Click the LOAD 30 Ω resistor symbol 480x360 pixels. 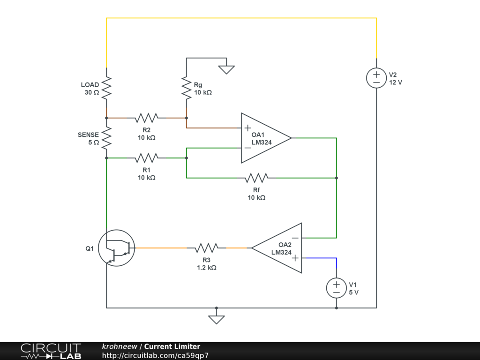(x=106, y=88)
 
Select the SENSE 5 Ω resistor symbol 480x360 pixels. (x=106, y=138)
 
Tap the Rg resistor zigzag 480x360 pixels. (x=187, y=88)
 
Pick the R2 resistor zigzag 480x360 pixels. (x=147, y=118)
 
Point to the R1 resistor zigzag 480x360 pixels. (x=147, y=158)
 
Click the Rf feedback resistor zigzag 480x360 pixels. (x=256, y=178)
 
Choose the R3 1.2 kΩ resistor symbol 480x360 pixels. (x=207, y=248)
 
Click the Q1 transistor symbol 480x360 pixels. (x=117, y=248)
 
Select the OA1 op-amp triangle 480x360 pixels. (x=266, y=138)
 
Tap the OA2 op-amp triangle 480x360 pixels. (x=277, y=248)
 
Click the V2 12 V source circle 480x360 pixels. (x=376, y=78)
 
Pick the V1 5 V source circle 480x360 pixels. (x=337, y=288)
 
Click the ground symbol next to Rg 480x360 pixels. (x=226, y=69)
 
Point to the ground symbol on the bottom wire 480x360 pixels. (x=217, y=320)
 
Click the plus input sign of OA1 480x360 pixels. (x=248, y=127)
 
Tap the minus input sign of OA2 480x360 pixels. (x=295, y=238)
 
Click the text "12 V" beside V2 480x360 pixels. (x=396, y=82)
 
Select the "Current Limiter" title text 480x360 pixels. (x=172, y=346)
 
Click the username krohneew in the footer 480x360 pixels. (x=120, y=346)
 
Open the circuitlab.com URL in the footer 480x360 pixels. (x=155, y=355)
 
